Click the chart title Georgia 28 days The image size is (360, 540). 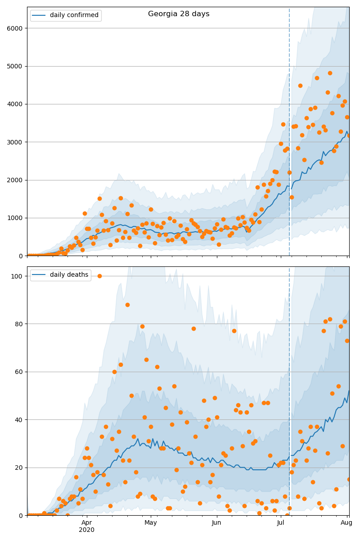click(x=179, y=14)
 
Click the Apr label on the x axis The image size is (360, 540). click(x=86, y=522)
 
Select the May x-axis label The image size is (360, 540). click(x=151, y=522)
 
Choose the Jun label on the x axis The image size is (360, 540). click(x=216, y=522)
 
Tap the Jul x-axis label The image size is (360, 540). click(x=281, y=522)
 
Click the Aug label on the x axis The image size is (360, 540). click(x=346, y=522)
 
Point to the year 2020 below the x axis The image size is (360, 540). click(x=86, y=530)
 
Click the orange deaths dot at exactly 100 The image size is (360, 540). click(x=99, y=276)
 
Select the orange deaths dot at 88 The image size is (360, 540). click(x=127, y=305)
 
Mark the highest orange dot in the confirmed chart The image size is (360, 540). click(x=330, y=73)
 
